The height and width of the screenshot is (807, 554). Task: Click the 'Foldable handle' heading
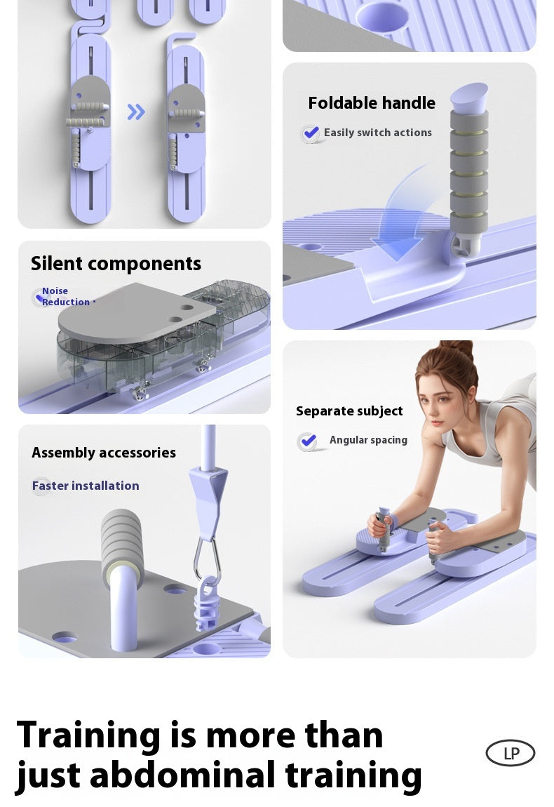click(x=372, y=103)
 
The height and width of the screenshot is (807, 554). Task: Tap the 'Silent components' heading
click(x=116, y=263)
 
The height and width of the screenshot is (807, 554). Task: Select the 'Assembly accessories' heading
click(x=104, y=453)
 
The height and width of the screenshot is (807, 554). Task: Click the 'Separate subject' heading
click(x=349, y=411)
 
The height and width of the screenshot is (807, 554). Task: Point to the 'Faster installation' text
click(x=86, y=486)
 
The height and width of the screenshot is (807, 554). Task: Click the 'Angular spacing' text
click(x=368, y=440)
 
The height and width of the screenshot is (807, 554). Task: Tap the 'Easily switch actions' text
click(x=377, y=133)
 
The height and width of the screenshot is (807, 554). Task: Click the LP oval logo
click(x=511, y=753)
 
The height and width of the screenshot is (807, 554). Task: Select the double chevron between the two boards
click(x=136, y=112)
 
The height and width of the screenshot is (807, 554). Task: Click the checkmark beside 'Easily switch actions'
click(x=311, y=133)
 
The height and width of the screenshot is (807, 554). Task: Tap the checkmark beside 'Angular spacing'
click(x=307, y=441)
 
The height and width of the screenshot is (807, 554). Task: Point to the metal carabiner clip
click(x=207, y=558)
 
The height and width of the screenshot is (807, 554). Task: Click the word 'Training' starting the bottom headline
click(x=88, y=735)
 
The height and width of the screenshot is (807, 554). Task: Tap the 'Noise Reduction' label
click(x=65, y=297)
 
